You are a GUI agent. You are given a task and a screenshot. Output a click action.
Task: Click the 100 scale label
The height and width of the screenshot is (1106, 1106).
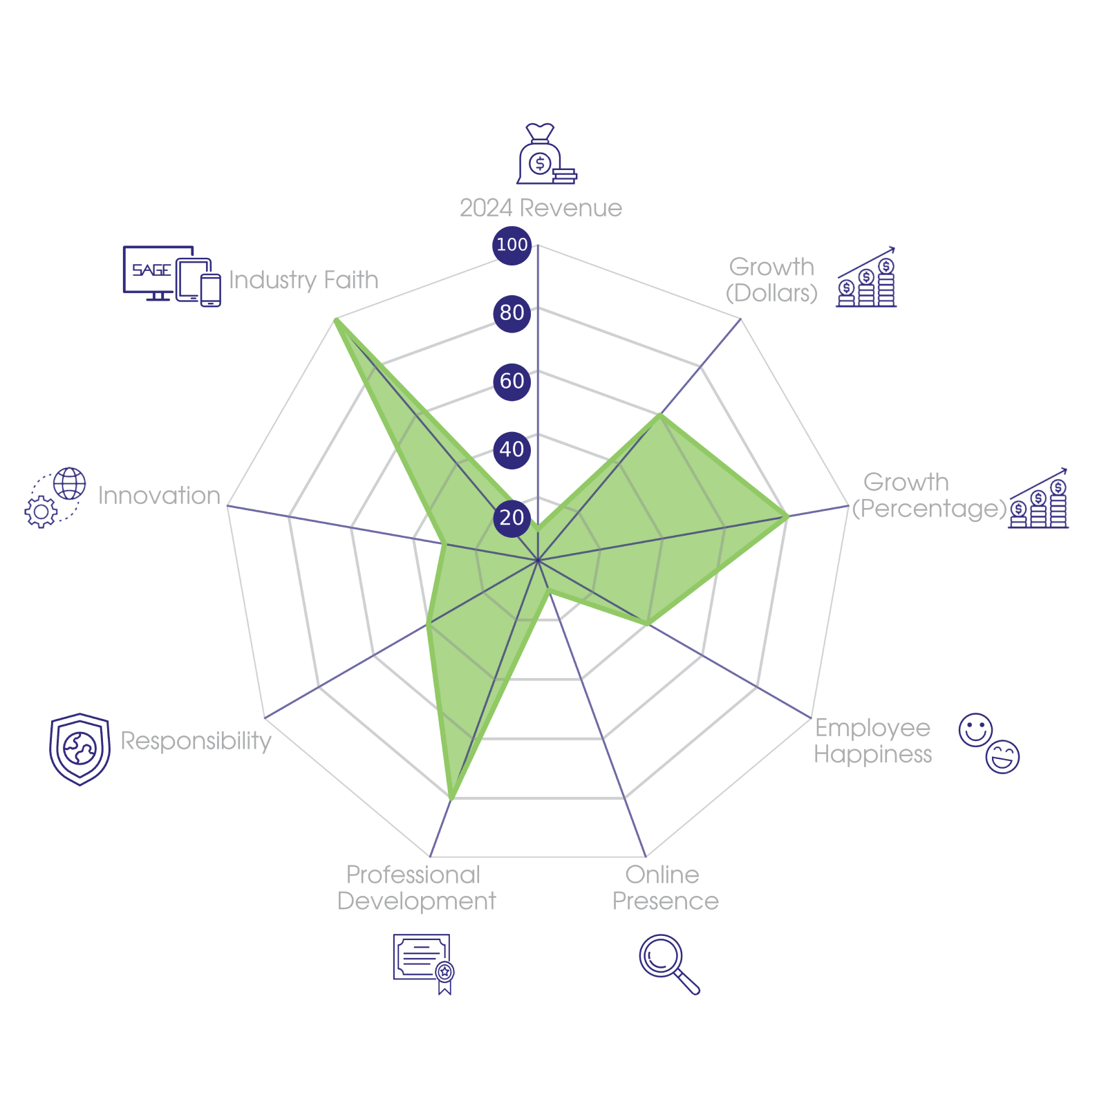[512, 245]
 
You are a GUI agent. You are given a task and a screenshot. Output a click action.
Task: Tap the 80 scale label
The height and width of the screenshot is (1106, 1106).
[512, 313]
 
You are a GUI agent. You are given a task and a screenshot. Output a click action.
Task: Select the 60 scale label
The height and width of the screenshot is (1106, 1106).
[512, 381]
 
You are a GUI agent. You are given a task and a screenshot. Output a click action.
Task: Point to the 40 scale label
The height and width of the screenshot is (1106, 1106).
[512, 449]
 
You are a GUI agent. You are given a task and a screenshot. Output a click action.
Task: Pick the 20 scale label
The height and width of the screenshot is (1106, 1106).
[512, 518]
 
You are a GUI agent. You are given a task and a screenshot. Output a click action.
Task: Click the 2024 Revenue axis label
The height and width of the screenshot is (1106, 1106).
[541, 208]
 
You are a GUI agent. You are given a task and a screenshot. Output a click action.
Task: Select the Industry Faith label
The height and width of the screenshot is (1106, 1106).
[303, 280]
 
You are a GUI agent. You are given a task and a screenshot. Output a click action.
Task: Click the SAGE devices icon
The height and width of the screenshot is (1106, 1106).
[171, 276]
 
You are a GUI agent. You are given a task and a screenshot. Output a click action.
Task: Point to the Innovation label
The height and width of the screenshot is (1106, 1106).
[159, 496]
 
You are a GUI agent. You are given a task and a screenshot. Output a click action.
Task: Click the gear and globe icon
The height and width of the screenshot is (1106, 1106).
[55, 498]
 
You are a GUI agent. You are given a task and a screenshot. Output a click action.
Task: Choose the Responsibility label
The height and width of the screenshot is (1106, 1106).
[196, 740]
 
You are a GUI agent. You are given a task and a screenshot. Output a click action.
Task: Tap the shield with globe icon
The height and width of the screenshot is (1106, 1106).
[80, 749]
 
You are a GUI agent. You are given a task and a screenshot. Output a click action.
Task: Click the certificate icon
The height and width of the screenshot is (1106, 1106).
[423, 963]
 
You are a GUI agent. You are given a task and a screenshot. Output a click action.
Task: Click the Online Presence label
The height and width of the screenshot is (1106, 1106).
[665, 888]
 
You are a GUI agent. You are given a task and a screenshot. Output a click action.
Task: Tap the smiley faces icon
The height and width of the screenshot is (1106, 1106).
[988, 743]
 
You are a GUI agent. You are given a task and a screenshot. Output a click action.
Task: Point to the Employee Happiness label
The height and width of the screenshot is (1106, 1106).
[872, 740]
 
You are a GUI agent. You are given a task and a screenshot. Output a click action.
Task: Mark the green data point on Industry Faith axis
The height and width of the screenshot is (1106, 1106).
[335, 319]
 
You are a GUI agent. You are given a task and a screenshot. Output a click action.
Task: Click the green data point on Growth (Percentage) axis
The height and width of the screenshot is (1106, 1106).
[787, 516]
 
